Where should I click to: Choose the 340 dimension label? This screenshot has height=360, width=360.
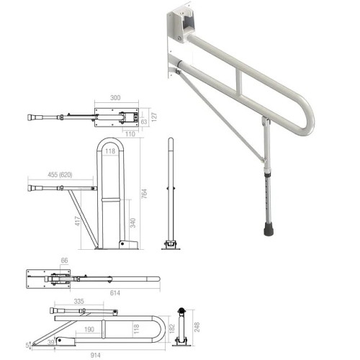pos(132,224)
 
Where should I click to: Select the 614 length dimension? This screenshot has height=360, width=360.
pos(114,294)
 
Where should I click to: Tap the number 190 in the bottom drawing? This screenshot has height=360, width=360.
pos(88,329)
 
